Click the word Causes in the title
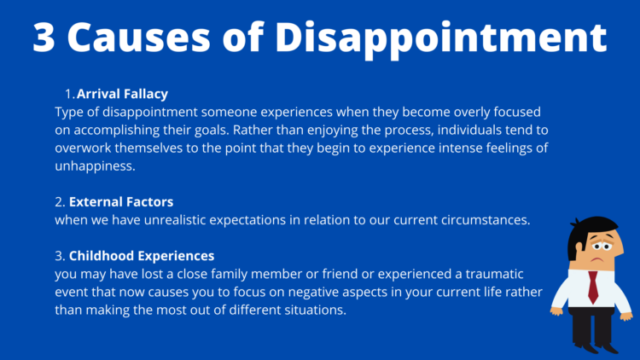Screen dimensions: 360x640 click(x=161, y=38)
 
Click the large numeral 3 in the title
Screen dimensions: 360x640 click(x=48, y=38)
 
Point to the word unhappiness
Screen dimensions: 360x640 click(x=96, y=165)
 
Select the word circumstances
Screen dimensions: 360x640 click(x=482, y=220)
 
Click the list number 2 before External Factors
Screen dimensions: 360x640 click(x=59, y=202)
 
